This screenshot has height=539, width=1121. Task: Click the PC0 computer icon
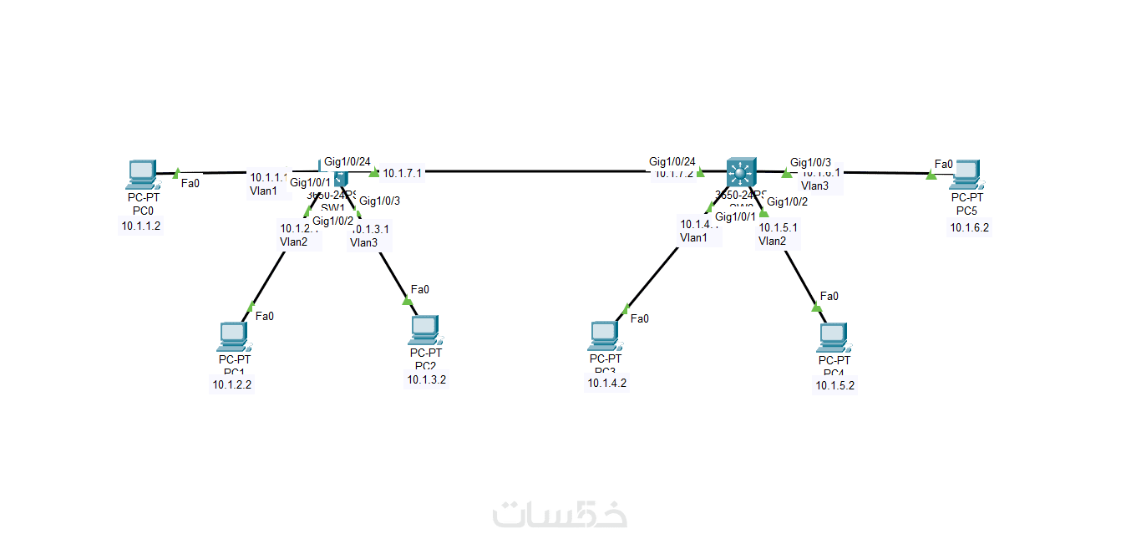(x=141, y=173)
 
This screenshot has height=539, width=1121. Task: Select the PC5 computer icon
(x=967, y=173)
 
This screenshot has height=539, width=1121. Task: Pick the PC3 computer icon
(x=604, y=334)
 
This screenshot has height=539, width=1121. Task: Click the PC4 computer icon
(x=833, y=336)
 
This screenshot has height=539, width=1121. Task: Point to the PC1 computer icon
(x=231, y=335)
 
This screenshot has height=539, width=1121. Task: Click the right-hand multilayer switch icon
(x=739, y=172)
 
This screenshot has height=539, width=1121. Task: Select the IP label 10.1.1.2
(x=141, y=225)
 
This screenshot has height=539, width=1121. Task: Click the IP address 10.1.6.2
(x=969, y=226)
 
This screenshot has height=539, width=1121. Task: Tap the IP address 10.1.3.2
(x=426, y=379)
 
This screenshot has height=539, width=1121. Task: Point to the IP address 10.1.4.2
(x=606, y=384)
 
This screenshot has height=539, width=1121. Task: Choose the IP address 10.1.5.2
(x=835, y=385)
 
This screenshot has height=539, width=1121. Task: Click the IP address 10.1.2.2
(x=231, y=385)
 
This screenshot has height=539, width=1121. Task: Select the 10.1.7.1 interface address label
(x=403, y=173)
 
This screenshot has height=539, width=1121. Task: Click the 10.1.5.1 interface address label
(x=778, y=226)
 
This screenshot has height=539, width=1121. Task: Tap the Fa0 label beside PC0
(x=190, y=182)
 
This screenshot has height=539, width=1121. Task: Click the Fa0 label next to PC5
(x=944, y=164)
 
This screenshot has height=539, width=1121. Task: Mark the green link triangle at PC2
(x=408, y=300)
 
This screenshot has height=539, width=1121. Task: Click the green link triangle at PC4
(x=817, y=308)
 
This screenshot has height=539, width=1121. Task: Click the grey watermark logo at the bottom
(x=560, y=514)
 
